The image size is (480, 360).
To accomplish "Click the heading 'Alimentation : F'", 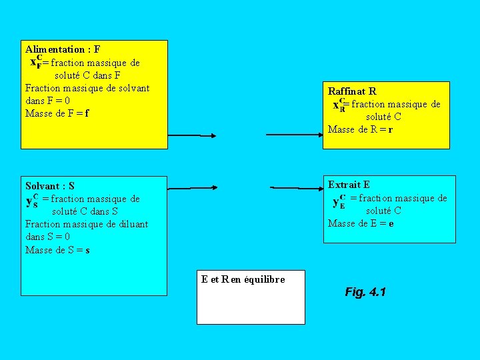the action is click(x=63, y=49).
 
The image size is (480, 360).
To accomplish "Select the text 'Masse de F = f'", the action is click(x=57, y=113).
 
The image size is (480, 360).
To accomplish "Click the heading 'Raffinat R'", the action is click(x=352, y=91).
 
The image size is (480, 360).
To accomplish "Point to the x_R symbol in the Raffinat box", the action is click(x=339, y=105).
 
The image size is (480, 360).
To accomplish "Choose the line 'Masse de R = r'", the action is click(x=360, y=129).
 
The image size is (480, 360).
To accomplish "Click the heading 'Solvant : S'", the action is click(x=50, y=186).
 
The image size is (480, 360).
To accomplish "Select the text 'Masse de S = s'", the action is click(x=57, y=250).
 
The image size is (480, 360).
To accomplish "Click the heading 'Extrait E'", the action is click(x=349, y=185).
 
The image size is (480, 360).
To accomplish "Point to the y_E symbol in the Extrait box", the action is click(x=339, y=200).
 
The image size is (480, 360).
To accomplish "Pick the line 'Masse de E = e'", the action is click(x=361, y=223).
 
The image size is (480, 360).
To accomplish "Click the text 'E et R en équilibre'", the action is click(x=243, y=279).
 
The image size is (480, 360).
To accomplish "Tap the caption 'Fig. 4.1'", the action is click(x=365, y=292).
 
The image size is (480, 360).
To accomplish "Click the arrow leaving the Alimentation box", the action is click(x=191, y=135).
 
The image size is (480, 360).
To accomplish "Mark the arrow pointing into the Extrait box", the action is click(x=296, y=188).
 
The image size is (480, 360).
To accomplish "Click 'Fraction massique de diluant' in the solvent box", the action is click(x=87, y=224).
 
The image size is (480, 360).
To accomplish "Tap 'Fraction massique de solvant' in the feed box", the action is click(x=87, y=88).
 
